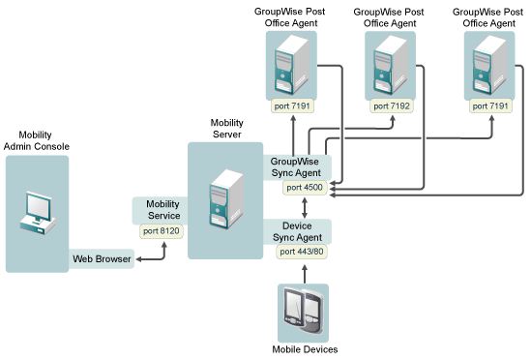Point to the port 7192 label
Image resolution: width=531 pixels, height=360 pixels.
pos(391,105)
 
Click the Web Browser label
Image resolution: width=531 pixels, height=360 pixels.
pos(102,259)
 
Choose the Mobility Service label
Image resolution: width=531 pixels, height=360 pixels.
pos(162,210)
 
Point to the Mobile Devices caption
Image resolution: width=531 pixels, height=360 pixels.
pos(304,348)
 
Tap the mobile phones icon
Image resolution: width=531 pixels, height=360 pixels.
pos(304,311)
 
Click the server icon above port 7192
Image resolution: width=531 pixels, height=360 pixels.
pos(390,66)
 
